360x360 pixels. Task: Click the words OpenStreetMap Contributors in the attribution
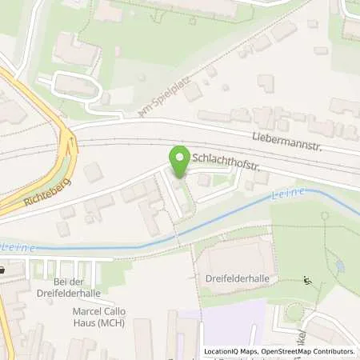tap(306, 351)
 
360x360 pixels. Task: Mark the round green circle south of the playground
tap(294, 313)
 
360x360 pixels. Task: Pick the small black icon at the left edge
tap(2, 270)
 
